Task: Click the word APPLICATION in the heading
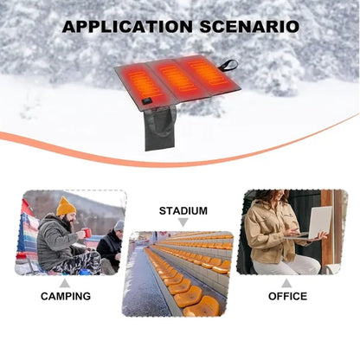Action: point(127,27)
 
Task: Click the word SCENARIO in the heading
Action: point(249,27)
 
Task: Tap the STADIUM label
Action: point(183,211)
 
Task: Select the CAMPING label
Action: point(66,296)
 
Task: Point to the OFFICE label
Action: point(287,296)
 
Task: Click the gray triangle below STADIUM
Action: point(183,222)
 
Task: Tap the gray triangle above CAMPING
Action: point(65,284)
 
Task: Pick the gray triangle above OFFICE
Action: point(286,284)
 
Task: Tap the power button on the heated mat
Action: point(147,101)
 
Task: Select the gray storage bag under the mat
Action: point(160,129)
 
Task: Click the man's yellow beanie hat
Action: point(66,206)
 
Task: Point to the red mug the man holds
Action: point(87,233)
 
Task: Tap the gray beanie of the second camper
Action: point(119,225)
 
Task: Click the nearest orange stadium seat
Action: point(202,306)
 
